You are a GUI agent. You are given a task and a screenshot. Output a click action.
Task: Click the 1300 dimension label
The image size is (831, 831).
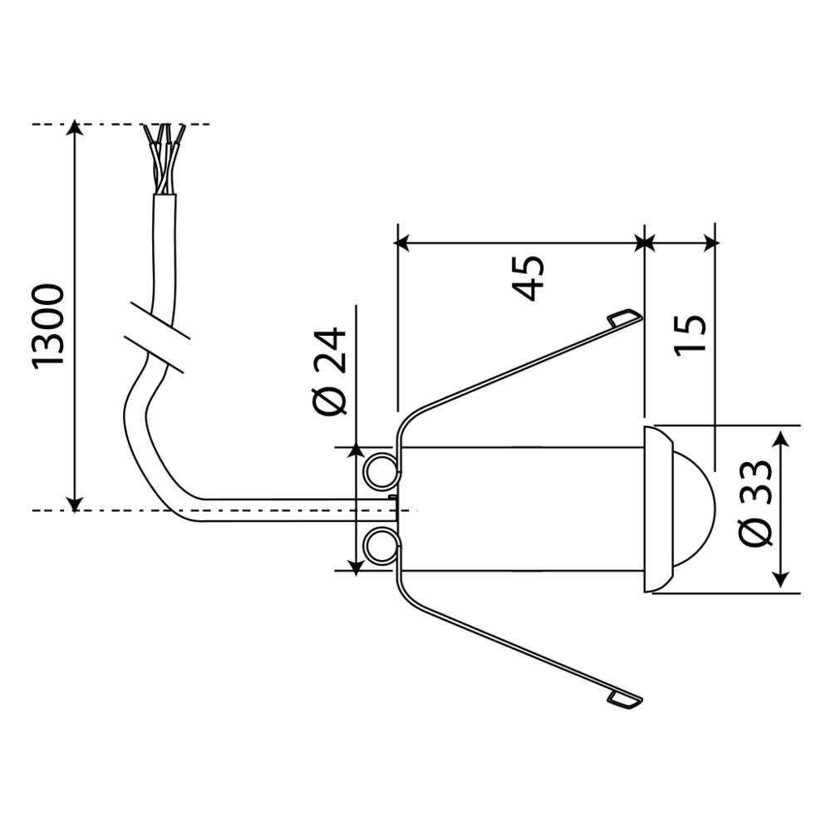pos(49,325)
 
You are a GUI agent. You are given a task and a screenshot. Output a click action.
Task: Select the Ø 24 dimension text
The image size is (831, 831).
pos(331,371)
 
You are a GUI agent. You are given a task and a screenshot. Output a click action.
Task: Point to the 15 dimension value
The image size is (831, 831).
pos(691,334)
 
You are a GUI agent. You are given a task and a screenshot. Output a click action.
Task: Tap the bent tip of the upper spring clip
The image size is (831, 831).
pos(625,317)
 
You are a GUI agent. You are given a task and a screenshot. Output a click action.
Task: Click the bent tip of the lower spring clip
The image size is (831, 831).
pos(625,700)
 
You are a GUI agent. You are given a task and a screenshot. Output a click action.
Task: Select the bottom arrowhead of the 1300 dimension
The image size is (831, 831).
pos(75,502)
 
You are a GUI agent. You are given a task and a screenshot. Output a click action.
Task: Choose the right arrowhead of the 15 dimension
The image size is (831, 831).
pos(710,242)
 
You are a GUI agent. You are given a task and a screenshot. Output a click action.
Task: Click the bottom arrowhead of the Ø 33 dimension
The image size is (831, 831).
pos(782,582)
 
